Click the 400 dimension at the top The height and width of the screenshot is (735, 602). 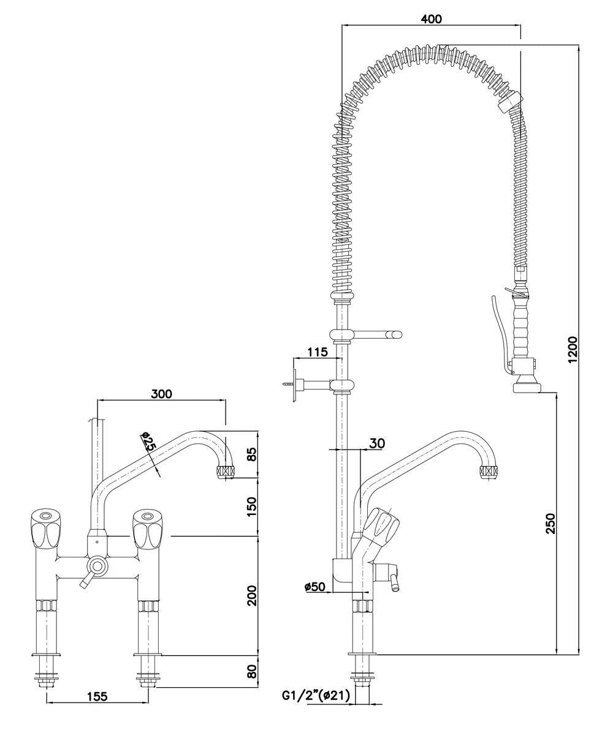(432, 19)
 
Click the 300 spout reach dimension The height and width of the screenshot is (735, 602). (161, 393)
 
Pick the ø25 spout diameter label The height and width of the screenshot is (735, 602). (147, 443)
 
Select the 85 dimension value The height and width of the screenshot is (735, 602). (251, 454)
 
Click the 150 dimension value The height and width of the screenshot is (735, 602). (251, 506)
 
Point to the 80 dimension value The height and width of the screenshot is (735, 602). (251, 671)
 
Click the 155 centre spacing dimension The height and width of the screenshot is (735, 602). (97, 696)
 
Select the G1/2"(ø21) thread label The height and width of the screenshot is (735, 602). (315, 696)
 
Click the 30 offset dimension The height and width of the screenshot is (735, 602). (378, 443)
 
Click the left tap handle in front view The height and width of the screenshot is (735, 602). (44, 528)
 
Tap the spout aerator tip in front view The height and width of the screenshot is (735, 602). (225, 472)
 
